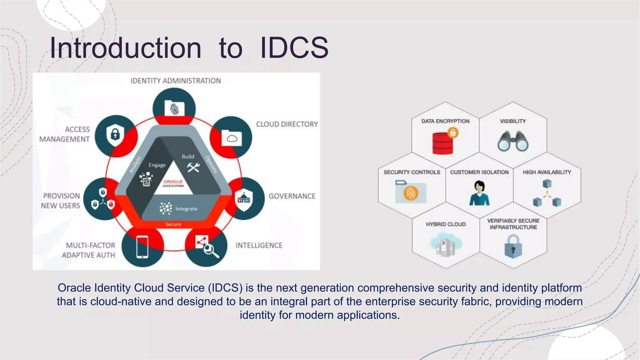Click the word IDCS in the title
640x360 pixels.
[x=294, y=48]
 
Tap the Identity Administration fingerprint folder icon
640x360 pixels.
[x=174, y=108]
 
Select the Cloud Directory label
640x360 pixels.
[x=287, y=124]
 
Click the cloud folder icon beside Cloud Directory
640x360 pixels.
[x=232, y=138]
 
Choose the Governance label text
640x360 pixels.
[x=292, y=196]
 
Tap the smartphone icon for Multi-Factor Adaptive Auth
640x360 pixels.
[x=142, y=247]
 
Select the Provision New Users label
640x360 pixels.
[x=61, y=201]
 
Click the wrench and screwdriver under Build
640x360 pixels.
[x=193, y=167]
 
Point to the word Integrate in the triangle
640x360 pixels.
[x=186, y=209]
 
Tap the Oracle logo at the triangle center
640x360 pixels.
[x=173, y=183]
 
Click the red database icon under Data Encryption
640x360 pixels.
[x=443, y=143]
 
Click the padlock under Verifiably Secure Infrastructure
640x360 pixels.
[x=513, y=247]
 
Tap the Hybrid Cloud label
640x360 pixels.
[x=446, y=224]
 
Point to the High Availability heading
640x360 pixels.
[x=547, y=172]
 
